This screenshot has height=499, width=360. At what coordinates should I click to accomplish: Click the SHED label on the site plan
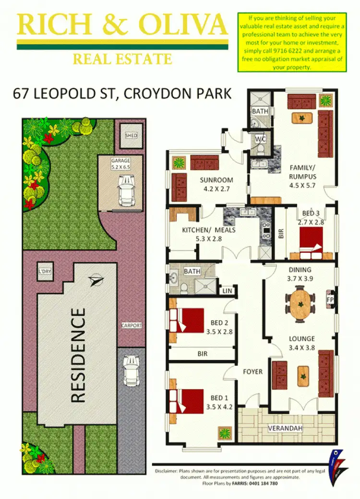click(x=131, y=136)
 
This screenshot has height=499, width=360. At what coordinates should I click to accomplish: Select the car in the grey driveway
click(x=131, y=370)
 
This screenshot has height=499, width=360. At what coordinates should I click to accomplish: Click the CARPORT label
click(x=131, y=325)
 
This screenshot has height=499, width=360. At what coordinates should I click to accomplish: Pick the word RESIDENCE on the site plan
click(x=78, y=355)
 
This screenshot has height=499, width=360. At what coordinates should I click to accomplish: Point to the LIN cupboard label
click(x=227, y=291)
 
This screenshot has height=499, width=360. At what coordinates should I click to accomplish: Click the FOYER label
click(x=253, y=371)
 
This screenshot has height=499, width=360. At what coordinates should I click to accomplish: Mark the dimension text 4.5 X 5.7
click(x=303, y=185)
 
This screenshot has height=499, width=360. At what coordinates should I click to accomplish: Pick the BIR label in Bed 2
click(x=203, y=354)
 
